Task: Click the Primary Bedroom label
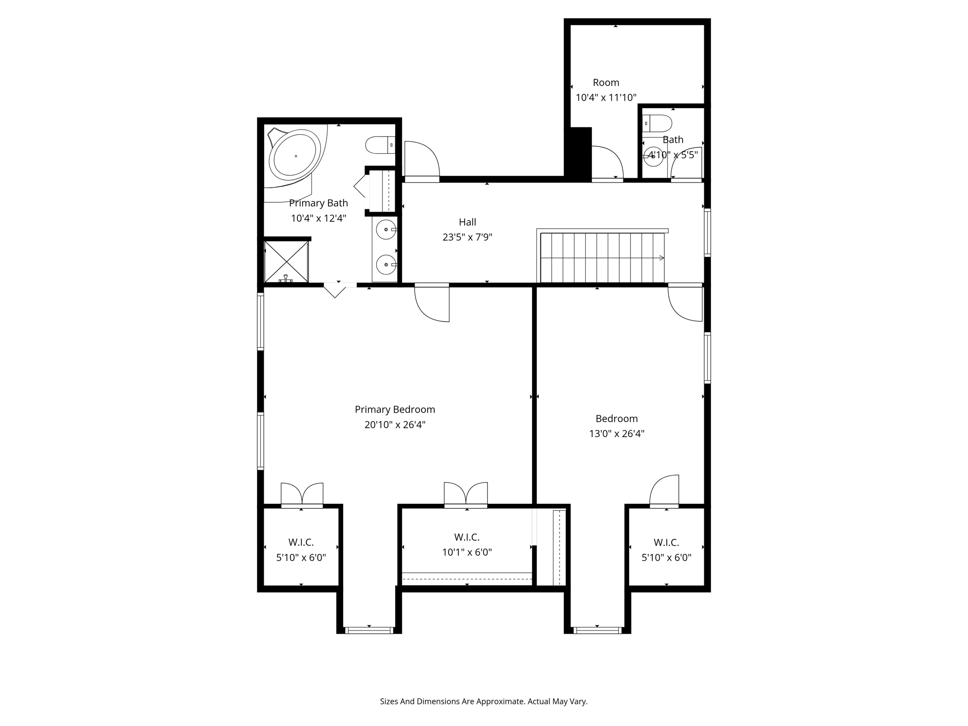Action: tap(395, 409)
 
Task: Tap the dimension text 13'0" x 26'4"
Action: tap(616, 433)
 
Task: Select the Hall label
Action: tap(467, 222)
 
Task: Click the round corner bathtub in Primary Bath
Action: tap(295, 156)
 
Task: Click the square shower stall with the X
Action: tap(286, 262)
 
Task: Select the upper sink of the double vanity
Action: tap(386, 230)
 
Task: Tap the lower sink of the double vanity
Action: tap(386, 265)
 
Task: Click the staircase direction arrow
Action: tap(661, 258)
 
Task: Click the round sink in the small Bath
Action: tap(653, 156)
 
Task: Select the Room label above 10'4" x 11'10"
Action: tap(606, 82)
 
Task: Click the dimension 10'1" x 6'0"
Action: tap(467, 552)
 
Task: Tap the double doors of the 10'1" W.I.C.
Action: tap(466, 494)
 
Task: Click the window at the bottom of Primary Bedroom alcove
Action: tap(369, 630)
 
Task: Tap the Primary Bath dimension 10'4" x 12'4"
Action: tap(319, 218)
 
